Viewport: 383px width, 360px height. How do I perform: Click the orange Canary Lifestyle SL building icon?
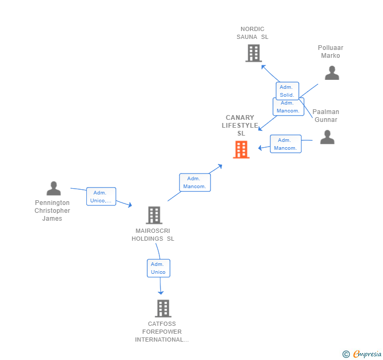point(241,150)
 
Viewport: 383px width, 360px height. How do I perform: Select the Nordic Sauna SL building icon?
point(253,53)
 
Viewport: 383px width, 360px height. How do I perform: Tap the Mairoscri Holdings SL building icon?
point(154,215)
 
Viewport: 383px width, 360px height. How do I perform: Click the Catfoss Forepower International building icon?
point(163,308)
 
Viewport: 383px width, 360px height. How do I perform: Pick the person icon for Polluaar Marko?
point(331,73)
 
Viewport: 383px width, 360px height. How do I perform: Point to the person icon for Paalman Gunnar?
point(327,137)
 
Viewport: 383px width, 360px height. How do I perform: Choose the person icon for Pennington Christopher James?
point(53,188)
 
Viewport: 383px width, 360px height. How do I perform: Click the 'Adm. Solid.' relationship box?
point(287,91)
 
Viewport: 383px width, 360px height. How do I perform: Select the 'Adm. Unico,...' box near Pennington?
point(101,197)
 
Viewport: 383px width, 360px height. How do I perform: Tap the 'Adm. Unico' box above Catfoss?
point(158,268)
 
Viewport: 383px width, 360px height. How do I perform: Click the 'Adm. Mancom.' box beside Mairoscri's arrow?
point(195,182)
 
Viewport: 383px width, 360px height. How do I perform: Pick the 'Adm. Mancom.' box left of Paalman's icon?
point(286,144)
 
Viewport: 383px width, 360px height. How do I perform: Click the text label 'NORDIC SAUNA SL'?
point(252,33)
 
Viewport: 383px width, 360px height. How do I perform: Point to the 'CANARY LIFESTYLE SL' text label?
point(240,126)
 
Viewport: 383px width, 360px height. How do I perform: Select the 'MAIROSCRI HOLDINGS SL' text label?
point(153,234)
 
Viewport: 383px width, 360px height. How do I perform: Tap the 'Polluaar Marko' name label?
point(330,52)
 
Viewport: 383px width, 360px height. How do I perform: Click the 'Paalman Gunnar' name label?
point(326,116)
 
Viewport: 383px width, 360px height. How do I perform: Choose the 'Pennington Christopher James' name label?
point(53,210)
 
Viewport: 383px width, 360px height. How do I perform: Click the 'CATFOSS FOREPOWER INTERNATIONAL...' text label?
point(162,332)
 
